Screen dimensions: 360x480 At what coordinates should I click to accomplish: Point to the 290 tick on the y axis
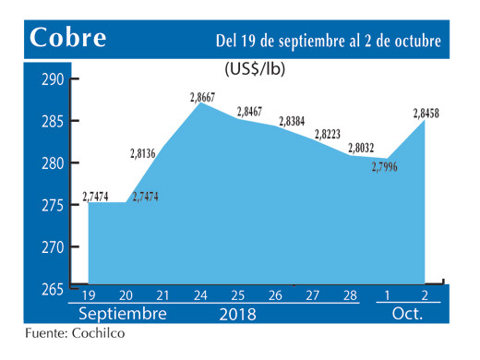point(53,80)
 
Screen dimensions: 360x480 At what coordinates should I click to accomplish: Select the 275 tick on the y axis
point(53,205)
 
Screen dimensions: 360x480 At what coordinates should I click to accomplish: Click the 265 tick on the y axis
point(53,289)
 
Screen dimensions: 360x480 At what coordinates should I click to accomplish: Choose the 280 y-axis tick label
point(53,163)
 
